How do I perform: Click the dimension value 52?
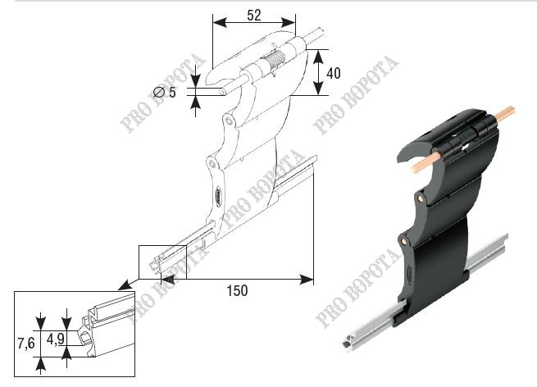pos(254,15)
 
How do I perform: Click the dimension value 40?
pos(334,73)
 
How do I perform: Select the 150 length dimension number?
pos(237,291)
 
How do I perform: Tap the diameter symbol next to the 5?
pos(159,92)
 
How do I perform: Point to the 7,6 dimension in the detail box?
pos(26,343)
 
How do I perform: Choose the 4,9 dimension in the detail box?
pos(56,339)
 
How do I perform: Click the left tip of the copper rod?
pos(414,168)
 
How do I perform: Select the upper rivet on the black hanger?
pos(420,198)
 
